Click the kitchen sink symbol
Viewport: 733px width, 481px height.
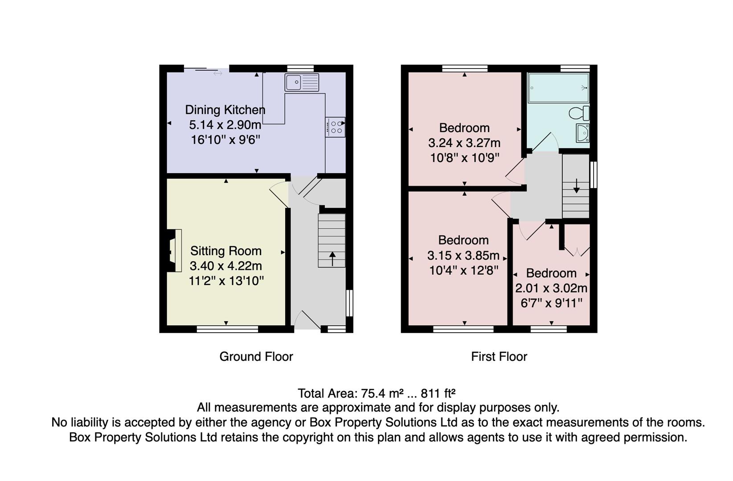click(302, 82)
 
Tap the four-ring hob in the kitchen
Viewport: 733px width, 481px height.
click(335, 126)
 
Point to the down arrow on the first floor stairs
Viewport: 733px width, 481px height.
click(576, 186)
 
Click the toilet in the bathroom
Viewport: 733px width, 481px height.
click(580, 113)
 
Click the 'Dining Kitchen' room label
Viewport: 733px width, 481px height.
click(225, 110)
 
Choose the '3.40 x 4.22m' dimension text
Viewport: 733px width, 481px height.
click(225, 266)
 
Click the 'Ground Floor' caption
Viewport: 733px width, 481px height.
click(256, 356)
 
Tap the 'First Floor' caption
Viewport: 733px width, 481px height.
click(499, 356)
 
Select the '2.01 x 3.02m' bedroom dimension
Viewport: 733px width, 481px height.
click(551, 288)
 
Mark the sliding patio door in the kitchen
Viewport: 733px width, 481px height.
click(206, 69)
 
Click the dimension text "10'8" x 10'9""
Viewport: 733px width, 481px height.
click(464, 158)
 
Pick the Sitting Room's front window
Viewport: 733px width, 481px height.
click(227, 329)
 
